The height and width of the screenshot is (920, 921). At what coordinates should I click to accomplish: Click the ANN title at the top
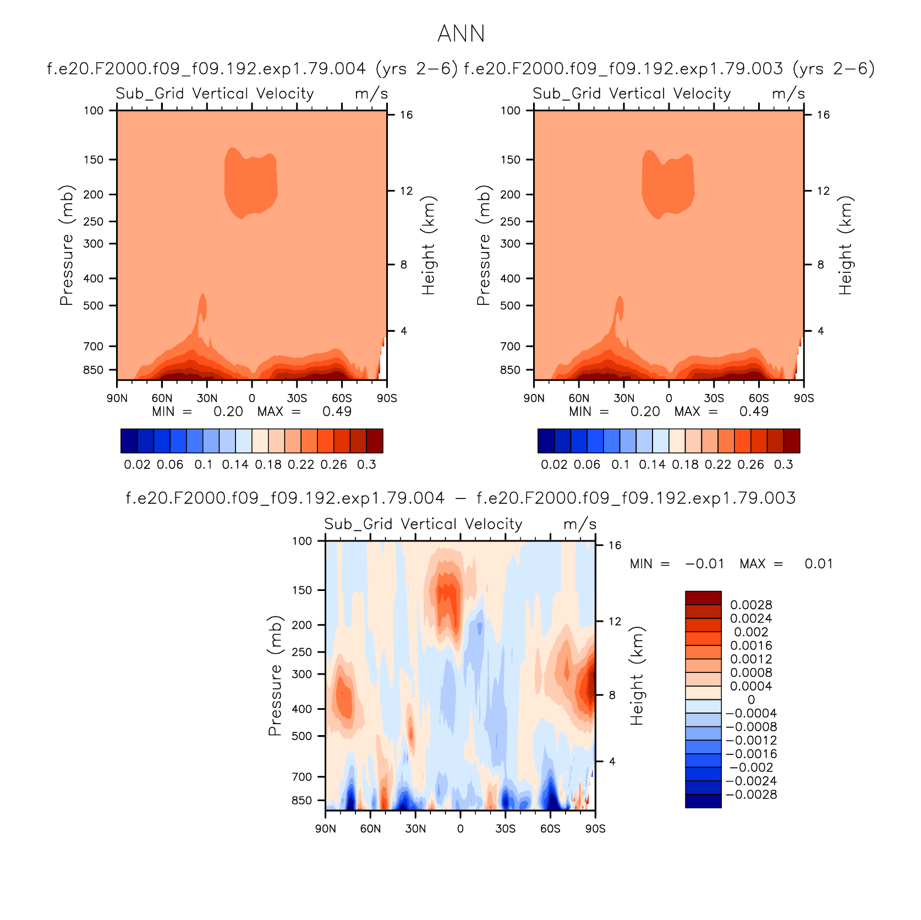click(x=461, y=34)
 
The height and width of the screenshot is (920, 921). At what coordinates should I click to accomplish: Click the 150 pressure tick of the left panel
click(x=93, y=160)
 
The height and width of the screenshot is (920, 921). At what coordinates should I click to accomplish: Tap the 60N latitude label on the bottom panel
click(x=370, y=829)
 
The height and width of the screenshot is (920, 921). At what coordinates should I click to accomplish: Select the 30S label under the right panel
click(x=714, y=398)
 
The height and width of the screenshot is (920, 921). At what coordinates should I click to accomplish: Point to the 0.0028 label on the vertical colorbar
click(x=751, y=605)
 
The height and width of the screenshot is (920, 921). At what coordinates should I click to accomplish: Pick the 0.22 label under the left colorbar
click(x=301, y=464)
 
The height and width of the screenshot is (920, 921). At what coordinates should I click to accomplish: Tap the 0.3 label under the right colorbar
click(x=783, y=464)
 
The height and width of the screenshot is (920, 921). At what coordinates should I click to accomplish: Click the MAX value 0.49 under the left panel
click(x=337, y=412)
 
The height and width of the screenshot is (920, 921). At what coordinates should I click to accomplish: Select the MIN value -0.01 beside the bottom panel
click(x=704, y=564)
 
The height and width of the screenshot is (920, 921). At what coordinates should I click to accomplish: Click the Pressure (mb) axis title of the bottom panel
click(x=275, y=676)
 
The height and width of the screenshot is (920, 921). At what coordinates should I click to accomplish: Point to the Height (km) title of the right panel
click(x=846, y=245)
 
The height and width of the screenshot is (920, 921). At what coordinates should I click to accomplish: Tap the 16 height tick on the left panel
click(x=406, y=114)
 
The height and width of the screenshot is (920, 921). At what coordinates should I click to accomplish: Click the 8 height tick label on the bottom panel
click(x=612, y=695)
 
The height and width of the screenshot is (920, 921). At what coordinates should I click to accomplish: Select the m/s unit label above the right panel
click(x=788, y=94)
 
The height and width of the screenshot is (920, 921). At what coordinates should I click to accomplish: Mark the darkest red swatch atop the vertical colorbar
click(x=703, y=598)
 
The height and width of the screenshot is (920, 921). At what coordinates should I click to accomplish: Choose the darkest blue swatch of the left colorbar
click(x=129, y=441)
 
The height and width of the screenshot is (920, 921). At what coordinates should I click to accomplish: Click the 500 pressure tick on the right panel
click(x=510, y=305)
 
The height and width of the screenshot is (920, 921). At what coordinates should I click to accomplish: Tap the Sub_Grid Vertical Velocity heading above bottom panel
click(x=423, y=524)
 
